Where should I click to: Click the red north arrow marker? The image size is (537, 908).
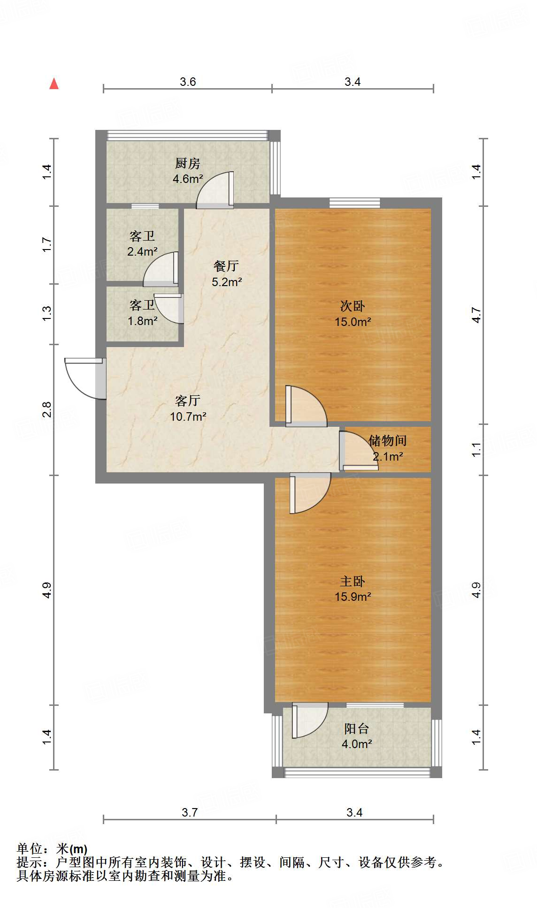[54, 84]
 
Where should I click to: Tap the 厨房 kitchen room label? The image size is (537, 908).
[187, 163]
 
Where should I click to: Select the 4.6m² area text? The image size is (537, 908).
[187, 179]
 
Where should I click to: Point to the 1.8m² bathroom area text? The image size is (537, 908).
[142, 321]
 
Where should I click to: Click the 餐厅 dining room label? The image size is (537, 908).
[226, 266]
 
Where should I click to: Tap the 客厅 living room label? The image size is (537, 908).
[187, 401]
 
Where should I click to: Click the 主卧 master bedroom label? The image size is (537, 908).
[353, 581]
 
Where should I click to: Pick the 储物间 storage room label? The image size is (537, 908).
[387, 440]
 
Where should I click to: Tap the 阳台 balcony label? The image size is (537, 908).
[356, 728]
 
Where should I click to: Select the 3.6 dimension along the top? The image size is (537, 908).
[188, 82]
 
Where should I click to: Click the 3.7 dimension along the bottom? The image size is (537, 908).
[190, 812]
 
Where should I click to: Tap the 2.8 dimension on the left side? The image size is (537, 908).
[46, 409]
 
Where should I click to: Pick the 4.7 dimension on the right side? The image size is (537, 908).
[476, 315]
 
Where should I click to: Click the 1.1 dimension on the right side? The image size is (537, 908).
[476, 449]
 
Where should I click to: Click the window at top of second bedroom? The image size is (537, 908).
[354, 203]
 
